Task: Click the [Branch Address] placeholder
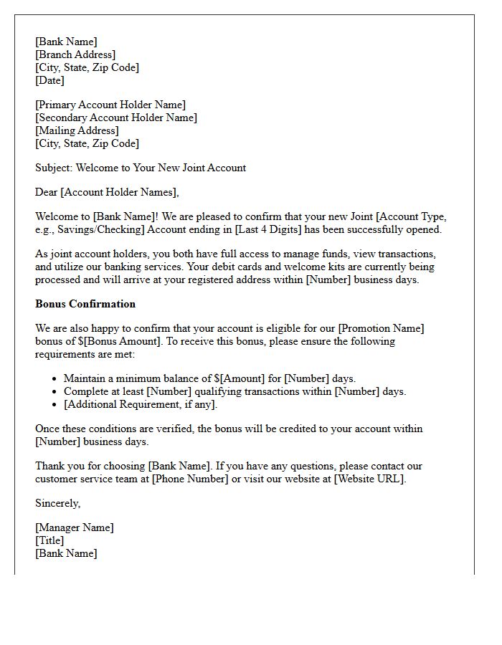pos(75,54)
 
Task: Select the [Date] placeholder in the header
pos(49,80)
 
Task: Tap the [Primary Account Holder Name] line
pos(110,105)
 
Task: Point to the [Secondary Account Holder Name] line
pos(116,118)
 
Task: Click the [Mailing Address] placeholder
pos(77,130)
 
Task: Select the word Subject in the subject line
pos(53,168)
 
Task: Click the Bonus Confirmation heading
pos(85,304)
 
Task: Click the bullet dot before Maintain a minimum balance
pos(55,378)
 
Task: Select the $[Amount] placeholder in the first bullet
pos(241,378)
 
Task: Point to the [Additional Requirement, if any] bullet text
pos(140,404)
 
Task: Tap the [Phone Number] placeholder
pos(189,479)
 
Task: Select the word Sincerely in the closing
pos(57,503)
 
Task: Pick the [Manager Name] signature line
pos(75,527)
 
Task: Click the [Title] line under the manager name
pos(49,540)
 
